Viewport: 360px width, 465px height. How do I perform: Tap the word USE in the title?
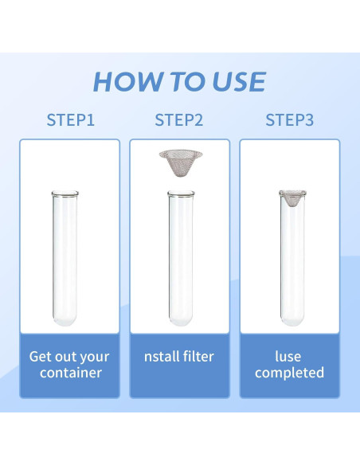click(x=239, y=81)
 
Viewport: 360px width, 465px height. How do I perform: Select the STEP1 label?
click(x=71, y=120)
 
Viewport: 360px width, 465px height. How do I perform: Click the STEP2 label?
click(x=179, y=120)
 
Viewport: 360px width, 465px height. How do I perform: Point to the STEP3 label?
click(x=289, y=120)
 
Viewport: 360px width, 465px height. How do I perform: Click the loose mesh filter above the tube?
click(x=181, y=162)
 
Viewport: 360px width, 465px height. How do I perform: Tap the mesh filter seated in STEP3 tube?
click(x=292, y=197)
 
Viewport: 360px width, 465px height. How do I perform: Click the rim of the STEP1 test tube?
click(x=65, y=193)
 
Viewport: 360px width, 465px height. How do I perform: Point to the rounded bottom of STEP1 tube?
click(x=65, y=320)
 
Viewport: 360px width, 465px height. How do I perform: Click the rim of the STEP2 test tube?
click(x=181, y=193)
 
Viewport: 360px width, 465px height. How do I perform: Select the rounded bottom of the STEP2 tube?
click(x=181, y=320)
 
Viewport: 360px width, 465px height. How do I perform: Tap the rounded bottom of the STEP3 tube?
click(x=292, y=320)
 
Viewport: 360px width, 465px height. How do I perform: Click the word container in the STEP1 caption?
click(x=71, y=373)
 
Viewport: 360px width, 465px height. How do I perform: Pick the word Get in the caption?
click(x=40, y=357)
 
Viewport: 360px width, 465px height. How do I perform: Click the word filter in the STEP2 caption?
click(x=198, y=356)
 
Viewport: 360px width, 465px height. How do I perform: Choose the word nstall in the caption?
click(x=162, y=356)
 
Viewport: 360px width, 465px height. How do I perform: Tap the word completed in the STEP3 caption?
click(x=289, y=373)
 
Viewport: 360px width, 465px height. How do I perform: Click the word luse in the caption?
click(x=288, y=356)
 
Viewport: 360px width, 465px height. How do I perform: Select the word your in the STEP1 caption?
click(x=95, y=358)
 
